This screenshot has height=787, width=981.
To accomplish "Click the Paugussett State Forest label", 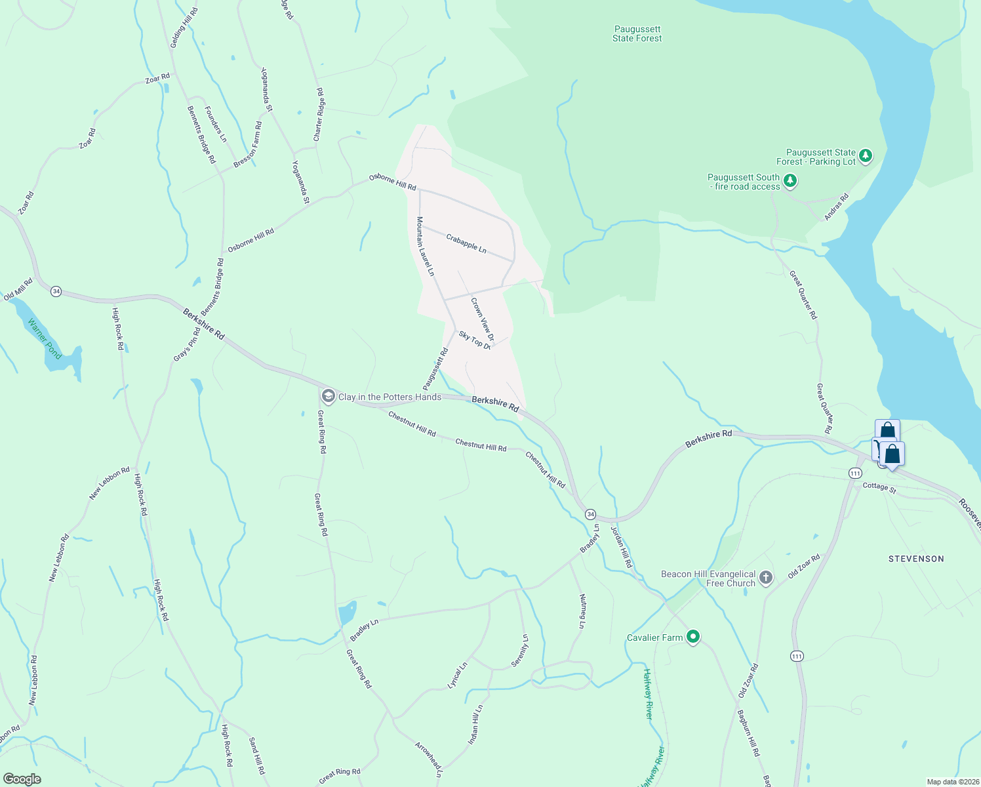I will [x=637, y=34].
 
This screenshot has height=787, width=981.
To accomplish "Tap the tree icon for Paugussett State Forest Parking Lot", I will [x=866, y=155].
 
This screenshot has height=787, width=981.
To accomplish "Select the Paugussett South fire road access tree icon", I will [x=790, y=180].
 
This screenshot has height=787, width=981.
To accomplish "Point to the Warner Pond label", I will [x=45, y=339].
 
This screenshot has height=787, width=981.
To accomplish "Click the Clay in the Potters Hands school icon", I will [x=327, y=397].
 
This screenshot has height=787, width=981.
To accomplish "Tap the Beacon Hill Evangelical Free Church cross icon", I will [x=765, y=578].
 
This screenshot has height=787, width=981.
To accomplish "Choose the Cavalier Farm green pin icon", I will [x=693, y=636].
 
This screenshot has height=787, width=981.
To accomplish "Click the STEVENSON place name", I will [x=916, y=559].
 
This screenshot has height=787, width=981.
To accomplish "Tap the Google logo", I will [x=22, y=779].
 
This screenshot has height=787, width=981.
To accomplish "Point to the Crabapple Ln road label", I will [x=466, y=243].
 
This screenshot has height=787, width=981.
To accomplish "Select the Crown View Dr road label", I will [x=482, y=319].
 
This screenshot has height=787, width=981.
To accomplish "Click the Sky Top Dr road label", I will [x=475, y=340].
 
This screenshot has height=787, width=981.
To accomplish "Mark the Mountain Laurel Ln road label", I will [x=425, y=246].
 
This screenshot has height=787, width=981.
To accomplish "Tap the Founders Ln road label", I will [x=215, y=124].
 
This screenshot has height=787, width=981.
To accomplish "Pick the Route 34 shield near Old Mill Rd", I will [x=56, y=291].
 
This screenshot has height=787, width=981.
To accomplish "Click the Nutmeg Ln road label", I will [x=582, y=611].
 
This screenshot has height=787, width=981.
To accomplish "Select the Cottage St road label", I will [x=879, y=487].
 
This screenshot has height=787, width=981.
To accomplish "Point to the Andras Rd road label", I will [x=837, y=207].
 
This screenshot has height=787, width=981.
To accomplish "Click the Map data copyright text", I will [x=951, y=782].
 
